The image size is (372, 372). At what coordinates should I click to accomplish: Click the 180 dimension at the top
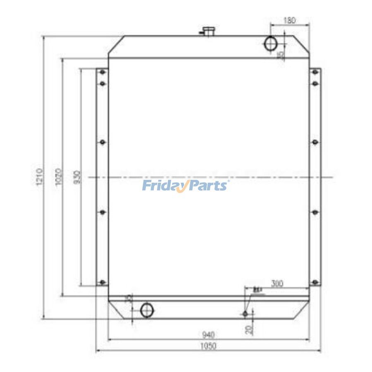[x=289, y=20]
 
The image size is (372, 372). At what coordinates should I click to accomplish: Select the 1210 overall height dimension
[x=40, y=177]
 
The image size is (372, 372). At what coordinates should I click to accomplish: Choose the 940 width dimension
[x=209, y=334]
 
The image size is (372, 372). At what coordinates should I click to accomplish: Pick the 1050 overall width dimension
[x=209, y=346]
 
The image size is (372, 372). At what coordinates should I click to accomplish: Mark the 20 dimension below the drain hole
[x=248, y=329]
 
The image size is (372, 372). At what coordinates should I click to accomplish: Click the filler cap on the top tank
[x=207, y=31]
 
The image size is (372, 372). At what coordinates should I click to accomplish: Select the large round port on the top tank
[x=271, y=44]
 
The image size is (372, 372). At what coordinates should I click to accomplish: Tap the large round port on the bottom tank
[x=147, y=310]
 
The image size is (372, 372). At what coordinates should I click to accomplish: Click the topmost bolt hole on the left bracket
[x=103, y=73]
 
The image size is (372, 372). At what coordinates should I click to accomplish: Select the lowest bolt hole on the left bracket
[x=103, y=283]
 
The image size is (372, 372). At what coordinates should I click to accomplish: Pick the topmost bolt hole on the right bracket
[x=315, y=73]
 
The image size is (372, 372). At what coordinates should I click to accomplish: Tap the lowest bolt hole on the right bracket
[x=315, y=283]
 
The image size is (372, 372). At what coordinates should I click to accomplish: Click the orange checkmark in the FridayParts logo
[x=184, y=187]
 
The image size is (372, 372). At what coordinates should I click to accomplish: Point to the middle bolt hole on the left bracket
[x=103, y=143]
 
